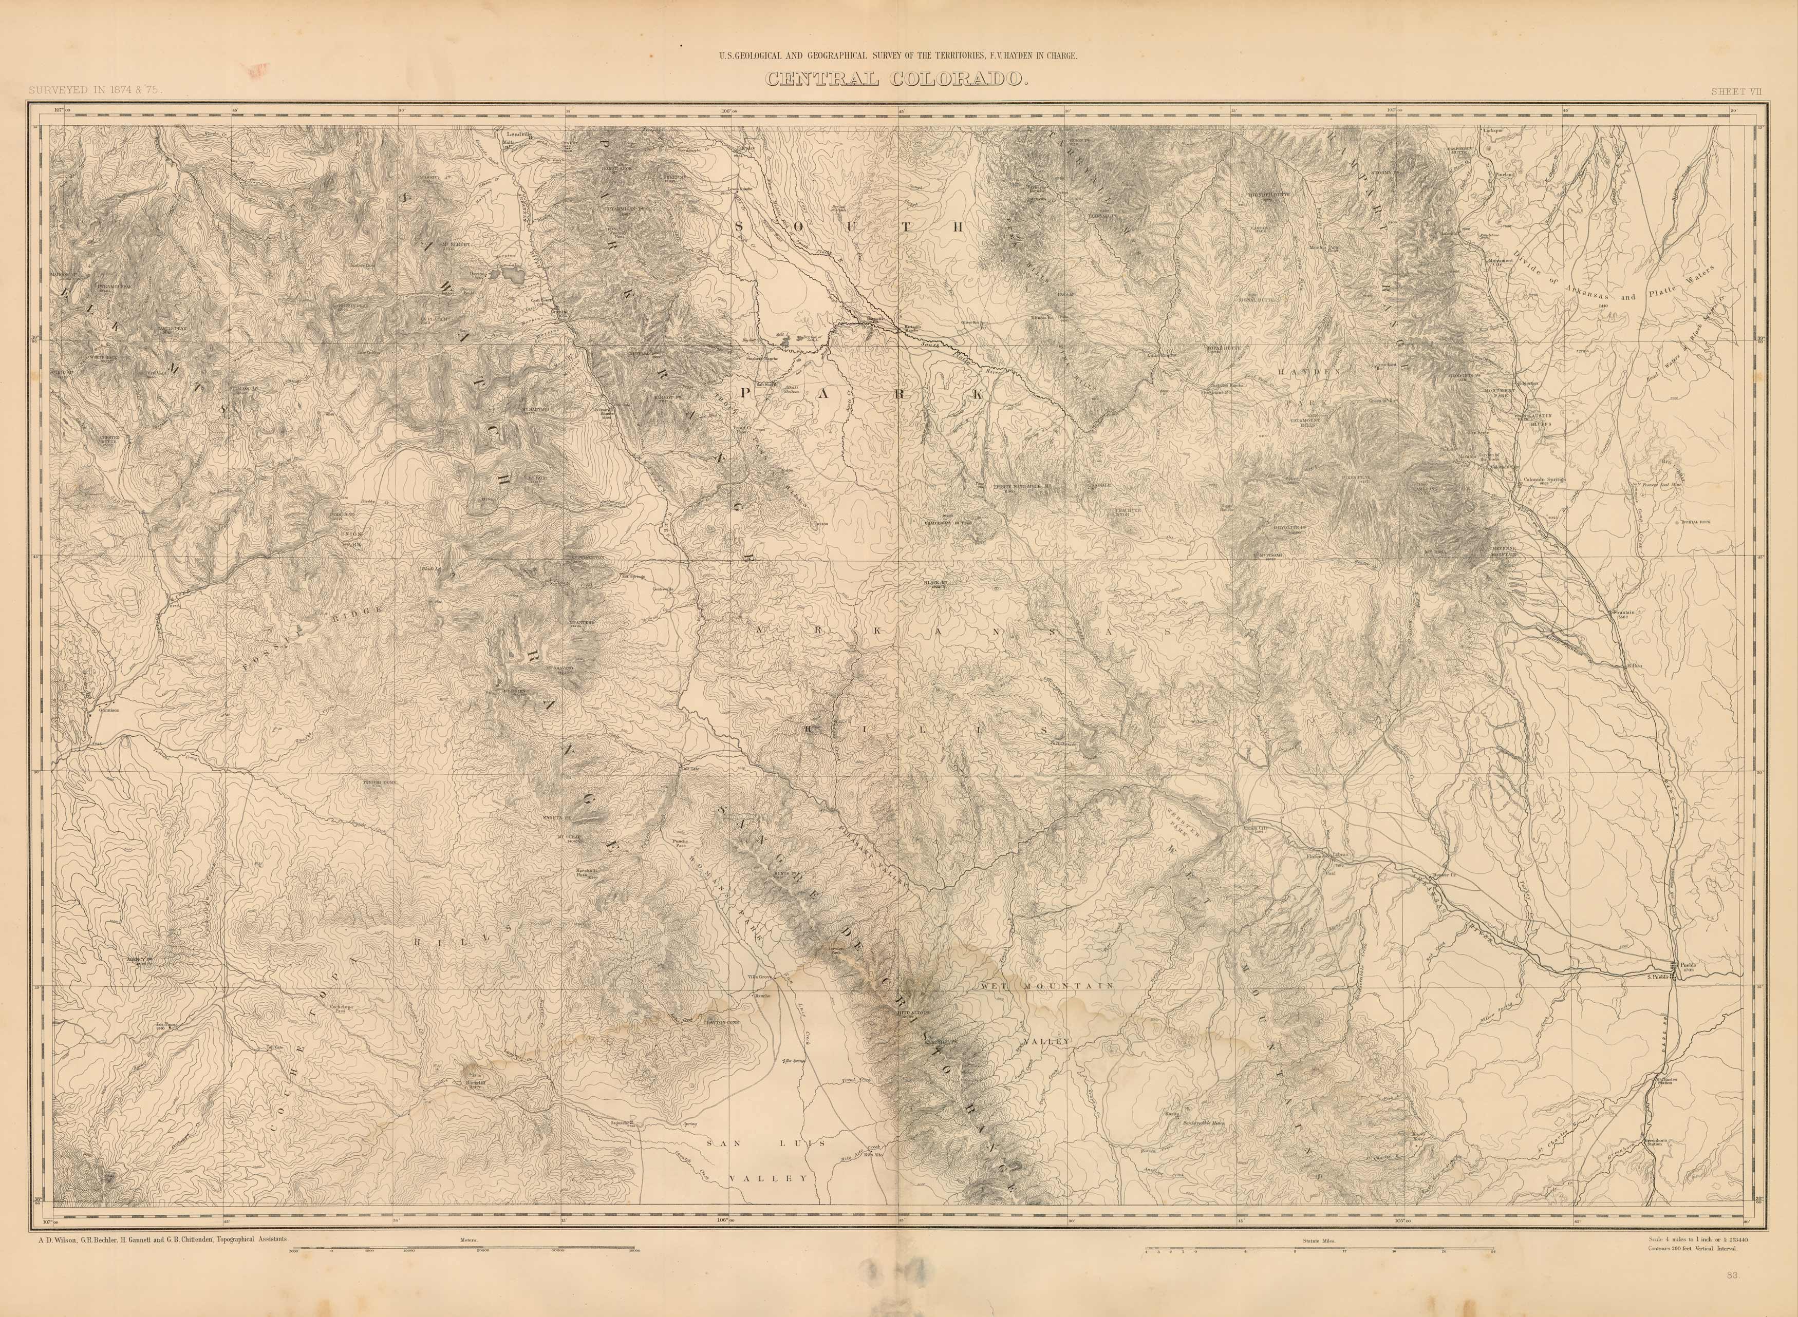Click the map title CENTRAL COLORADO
(897, 80)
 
